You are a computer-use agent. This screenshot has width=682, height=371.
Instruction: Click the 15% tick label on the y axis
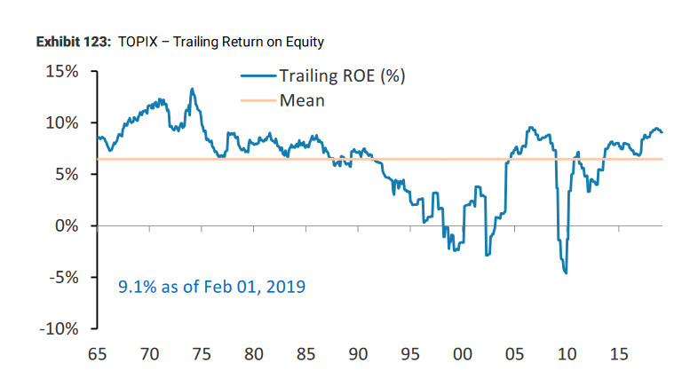pyautogui.click(x=63, y=71)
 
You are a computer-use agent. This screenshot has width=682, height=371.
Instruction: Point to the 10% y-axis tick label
pyautogui.click(x=63, y=122)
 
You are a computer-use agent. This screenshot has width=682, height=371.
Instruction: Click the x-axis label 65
pyautogui.click(x=97, y=355)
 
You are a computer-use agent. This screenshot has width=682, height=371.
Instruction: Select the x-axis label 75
pyautogui.click(x=202, y=355)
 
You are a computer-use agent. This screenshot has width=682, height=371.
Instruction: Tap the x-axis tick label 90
pyautogui.click(x=358, y=355)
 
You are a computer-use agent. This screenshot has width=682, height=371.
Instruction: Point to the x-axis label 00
pyautogui.click(x=462, y=355)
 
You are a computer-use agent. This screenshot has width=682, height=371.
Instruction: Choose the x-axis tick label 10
pyautogui.click(x=566, y=355)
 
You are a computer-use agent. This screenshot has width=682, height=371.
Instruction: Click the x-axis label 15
pyautogui.click(x=618, y=355)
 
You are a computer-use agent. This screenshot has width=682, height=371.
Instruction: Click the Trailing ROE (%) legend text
pyautogui.click(x=342, y=76)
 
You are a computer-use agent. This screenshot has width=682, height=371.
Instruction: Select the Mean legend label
pyautogui.click(x=302, y=100)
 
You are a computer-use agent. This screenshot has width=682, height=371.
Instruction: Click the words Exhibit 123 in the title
pyautogui.click(x=68, y=42)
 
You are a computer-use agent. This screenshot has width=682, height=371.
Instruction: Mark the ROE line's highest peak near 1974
pyautogui.click(x=192, y=89)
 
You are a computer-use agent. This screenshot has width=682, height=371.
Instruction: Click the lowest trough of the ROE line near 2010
pyautogui.click(x=565, y=273)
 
